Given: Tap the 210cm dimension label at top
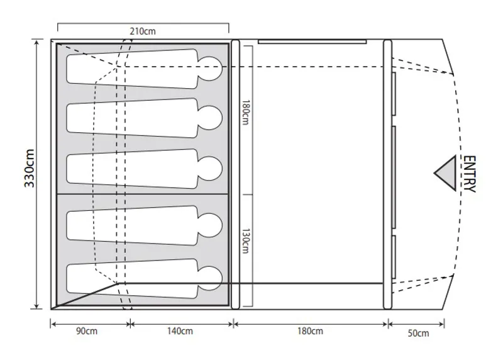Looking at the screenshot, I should pyautogui.click(x=143, y=30).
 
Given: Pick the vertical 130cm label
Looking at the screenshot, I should pyautogui.click(x=246, y=240).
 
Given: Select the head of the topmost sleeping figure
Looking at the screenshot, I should pyautogui.click(x=213, y=65).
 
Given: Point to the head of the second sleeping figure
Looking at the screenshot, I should pyautogui.click(x=213, y=116).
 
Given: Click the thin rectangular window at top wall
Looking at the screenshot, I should pyautogui.click(x=312, y=42).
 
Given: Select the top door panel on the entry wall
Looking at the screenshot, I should pyautogui.click(x=393, y=94).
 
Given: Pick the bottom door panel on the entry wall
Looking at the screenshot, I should pyautogui.click(x=393, y=256).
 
